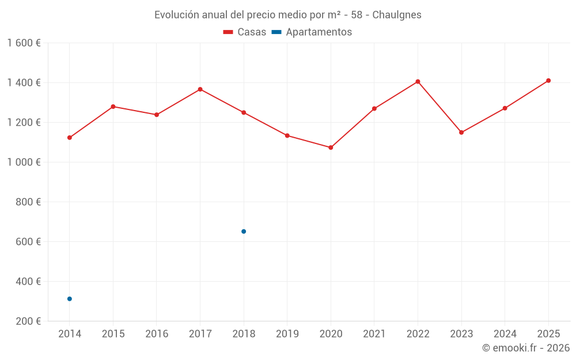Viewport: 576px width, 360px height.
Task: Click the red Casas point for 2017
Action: click(200, 89)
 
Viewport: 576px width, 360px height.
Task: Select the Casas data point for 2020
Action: click(331, 147)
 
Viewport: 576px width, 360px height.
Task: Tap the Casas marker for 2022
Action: click(418, 82)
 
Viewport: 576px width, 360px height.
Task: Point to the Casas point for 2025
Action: click(548, 81)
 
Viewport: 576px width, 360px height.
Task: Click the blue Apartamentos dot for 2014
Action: click(70, 299)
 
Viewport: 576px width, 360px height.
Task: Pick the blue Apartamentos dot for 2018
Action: click(244, 232)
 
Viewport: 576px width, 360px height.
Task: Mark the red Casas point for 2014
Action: click(70, 138)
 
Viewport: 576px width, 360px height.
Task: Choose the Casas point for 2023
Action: click(461, 132)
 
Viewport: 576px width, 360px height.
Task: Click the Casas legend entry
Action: click(245, 32)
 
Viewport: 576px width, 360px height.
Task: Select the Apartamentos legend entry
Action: click(312, 32)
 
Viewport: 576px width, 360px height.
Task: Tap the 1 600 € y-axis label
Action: click(24, 43)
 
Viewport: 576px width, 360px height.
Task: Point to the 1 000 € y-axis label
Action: click(24, 162)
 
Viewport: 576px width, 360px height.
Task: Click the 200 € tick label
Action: click(28, 321)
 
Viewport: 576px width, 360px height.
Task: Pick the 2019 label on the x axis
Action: click(287, 334)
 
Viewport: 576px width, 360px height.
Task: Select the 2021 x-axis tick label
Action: click(374, 334)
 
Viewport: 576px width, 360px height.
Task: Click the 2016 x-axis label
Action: click(157, 334)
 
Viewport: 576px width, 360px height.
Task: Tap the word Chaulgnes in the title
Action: click(397, 15)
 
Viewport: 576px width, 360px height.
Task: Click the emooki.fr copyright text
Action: click(526, 348)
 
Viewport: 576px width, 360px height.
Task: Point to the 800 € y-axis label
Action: click(28, 202)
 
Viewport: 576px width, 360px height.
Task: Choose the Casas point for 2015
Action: click(113, 107)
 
